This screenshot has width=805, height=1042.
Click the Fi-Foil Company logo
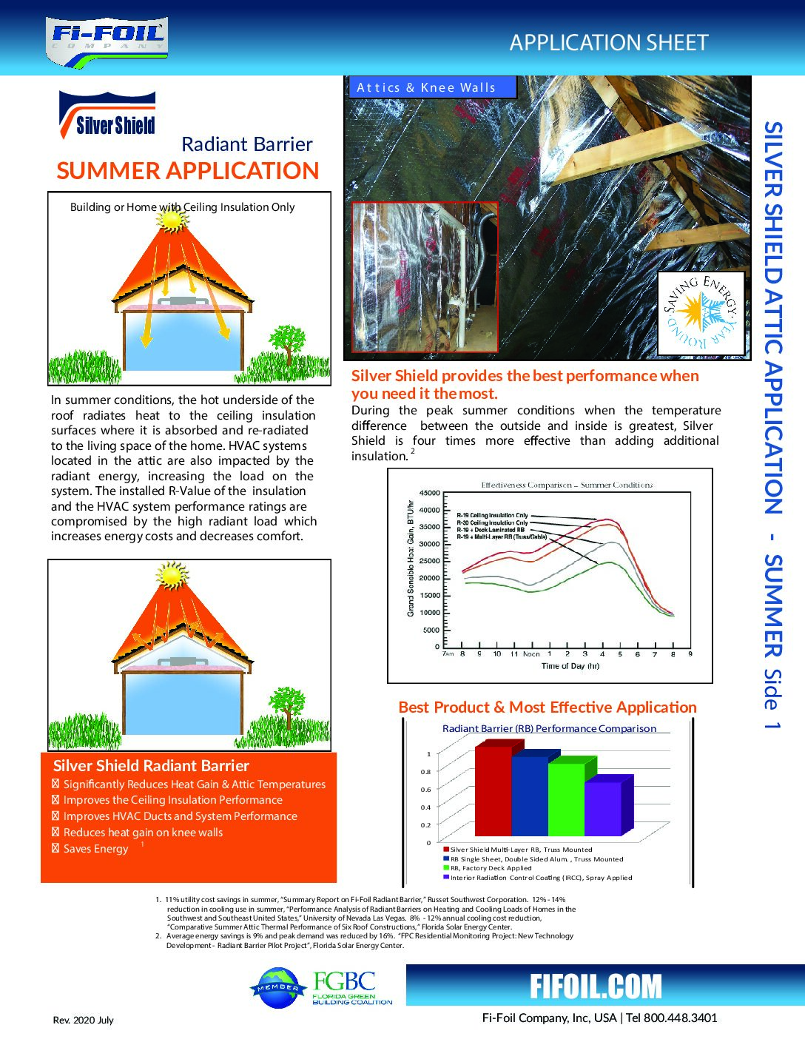tap(108, 41)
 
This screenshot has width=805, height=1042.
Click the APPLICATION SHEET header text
tap(608, 43)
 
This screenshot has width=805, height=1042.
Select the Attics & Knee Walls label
tap(426, 87)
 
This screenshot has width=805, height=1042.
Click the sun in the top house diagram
tap(172, 219)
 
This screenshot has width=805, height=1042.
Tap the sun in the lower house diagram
tap(172, 573)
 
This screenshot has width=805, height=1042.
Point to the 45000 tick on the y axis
tap(429, 493)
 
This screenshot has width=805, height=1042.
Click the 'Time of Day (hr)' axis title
tap(570, 666)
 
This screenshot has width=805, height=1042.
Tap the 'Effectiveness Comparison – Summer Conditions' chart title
tap(567, 485)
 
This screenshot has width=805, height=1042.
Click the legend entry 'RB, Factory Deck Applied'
tap(491, 868)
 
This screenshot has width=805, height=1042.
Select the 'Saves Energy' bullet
tap(95, 849)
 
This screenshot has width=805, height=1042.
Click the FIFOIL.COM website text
tap(596, 986)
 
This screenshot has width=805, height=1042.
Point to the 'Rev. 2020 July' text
tap(83, 1020)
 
